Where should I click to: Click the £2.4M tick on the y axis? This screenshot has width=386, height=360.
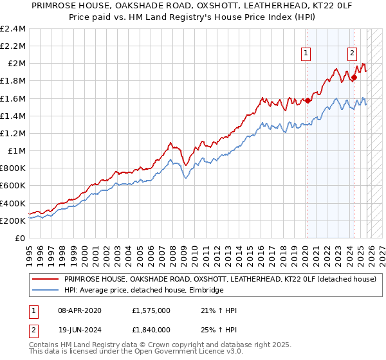[13, 29]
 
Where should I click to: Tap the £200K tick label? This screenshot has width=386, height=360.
[13, 221]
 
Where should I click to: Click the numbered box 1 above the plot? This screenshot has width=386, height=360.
[306, 54]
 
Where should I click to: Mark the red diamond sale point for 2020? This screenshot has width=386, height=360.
[308, 100]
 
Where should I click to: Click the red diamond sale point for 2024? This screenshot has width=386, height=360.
[354, 77]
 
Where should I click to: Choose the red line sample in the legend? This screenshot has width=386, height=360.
[44, 280]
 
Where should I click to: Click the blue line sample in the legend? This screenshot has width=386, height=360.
[44, 291]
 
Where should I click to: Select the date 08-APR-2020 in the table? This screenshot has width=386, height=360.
[81, 310]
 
